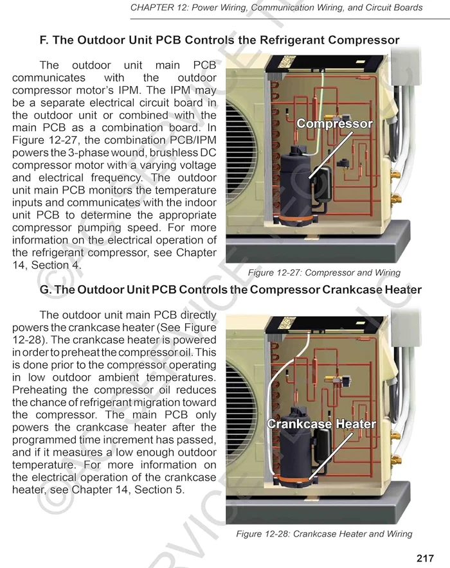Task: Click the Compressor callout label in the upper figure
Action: [x=334, y=124]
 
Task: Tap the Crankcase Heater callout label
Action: [x=321, y=424]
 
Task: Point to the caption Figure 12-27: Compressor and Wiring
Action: [x=324, y=272]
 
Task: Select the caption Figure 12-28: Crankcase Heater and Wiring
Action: [x=324, y=534]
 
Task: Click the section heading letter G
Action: [x=45, y=290]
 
